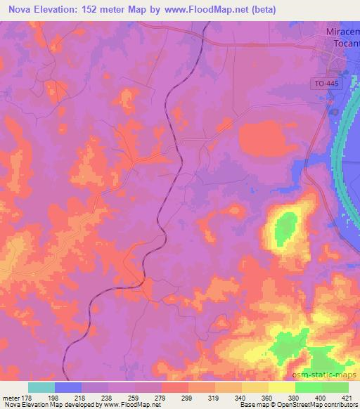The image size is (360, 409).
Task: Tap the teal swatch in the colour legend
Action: [x=41, y=387]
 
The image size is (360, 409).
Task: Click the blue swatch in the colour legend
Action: [x=68, y=387]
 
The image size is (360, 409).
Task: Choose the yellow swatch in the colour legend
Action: [x=282, y=387]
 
